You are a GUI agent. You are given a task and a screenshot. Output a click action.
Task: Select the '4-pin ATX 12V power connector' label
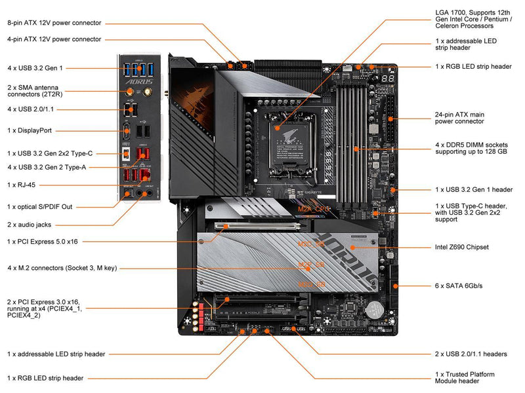click(x=54, y=39)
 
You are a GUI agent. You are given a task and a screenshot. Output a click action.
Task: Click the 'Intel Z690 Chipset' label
click(x=462, y=247)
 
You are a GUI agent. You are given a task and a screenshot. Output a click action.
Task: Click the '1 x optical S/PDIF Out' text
click(x=40, y=206)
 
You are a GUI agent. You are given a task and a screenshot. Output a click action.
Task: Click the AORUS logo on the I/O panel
click(x=138, y=83)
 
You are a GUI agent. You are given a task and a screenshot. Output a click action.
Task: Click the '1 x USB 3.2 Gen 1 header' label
click(x=474, y=189)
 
